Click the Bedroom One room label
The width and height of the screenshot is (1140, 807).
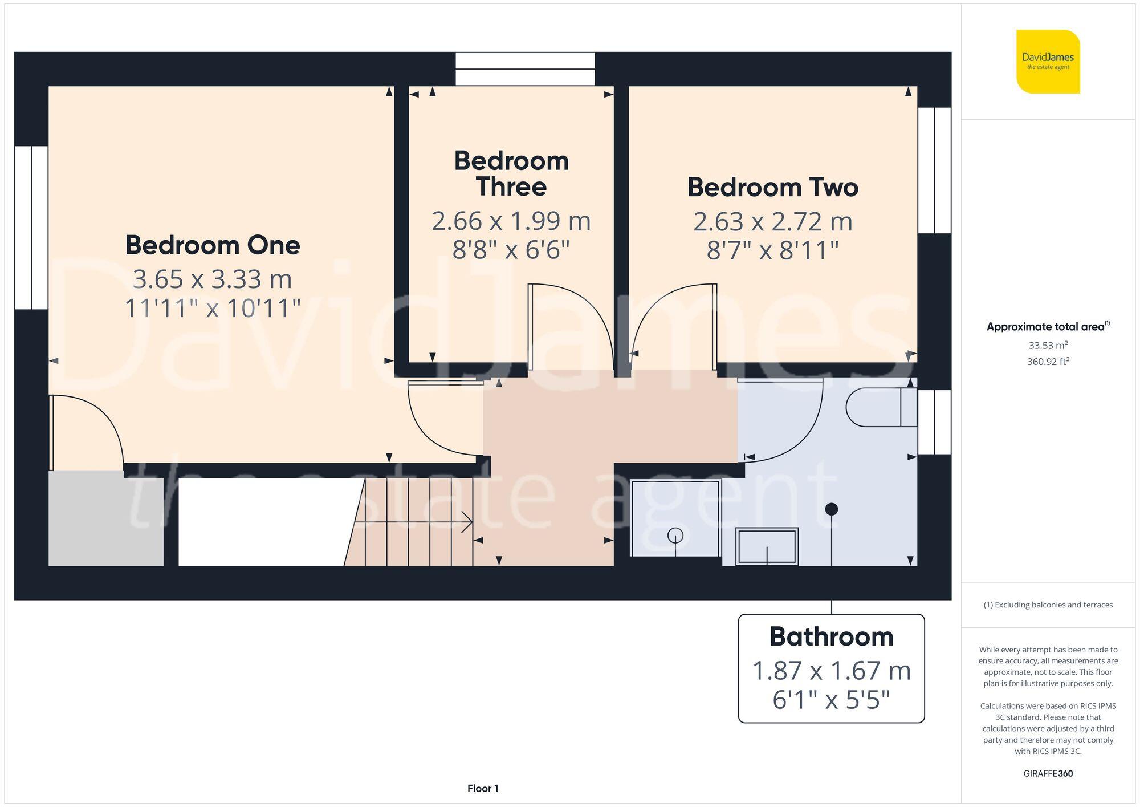click(x=213, y=245)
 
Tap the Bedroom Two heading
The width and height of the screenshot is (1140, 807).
click(x=772, y=188)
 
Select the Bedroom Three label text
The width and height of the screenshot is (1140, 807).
click(x=511, y=173)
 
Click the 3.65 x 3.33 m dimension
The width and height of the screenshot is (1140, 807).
click(x=213, y=279)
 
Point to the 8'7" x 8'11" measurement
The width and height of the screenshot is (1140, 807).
click(x=772, y=250)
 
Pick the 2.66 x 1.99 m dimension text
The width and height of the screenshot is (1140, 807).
click(x=511, y=221)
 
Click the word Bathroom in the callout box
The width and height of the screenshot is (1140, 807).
click(x=831, y=637)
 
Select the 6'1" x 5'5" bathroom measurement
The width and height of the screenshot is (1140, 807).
click(x=831, y=700)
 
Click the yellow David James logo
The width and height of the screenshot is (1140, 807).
click(x=1048, y=62)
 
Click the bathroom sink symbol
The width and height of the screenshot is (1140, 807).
click(x=767, y=546)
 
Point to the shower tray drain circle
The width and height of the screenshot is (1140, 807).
click(x=675, y=536)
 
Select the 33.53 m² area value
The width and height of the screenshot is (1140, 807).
click(x=1048, y=345)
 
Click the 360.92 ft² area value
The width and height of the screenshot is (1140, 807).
click(x=1048, y=362)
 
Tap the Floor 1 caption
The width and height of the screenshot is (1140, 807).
click(x=483, y=789)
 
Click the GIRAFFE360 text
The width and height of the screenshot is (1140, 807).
click(x=1048, y=774)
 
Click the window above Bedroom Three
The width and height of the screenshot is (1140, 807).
click(x=525, y=69)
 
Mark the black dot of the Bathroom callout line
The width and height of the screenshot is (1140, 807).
click(x=832, y=508)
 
